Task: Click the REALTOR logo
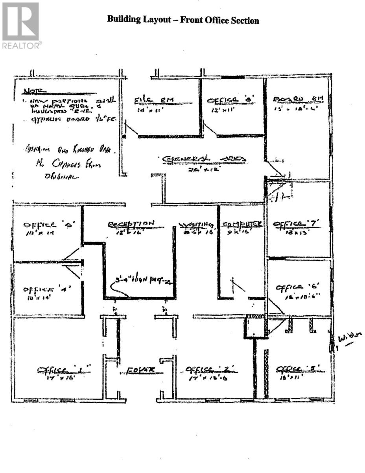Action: tap(20, 26)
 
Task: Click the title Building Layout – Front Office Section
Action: tap(183, 20)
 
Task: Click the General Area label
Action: tap(205, 159)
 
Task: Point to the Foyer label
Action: tap(140, 370)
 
